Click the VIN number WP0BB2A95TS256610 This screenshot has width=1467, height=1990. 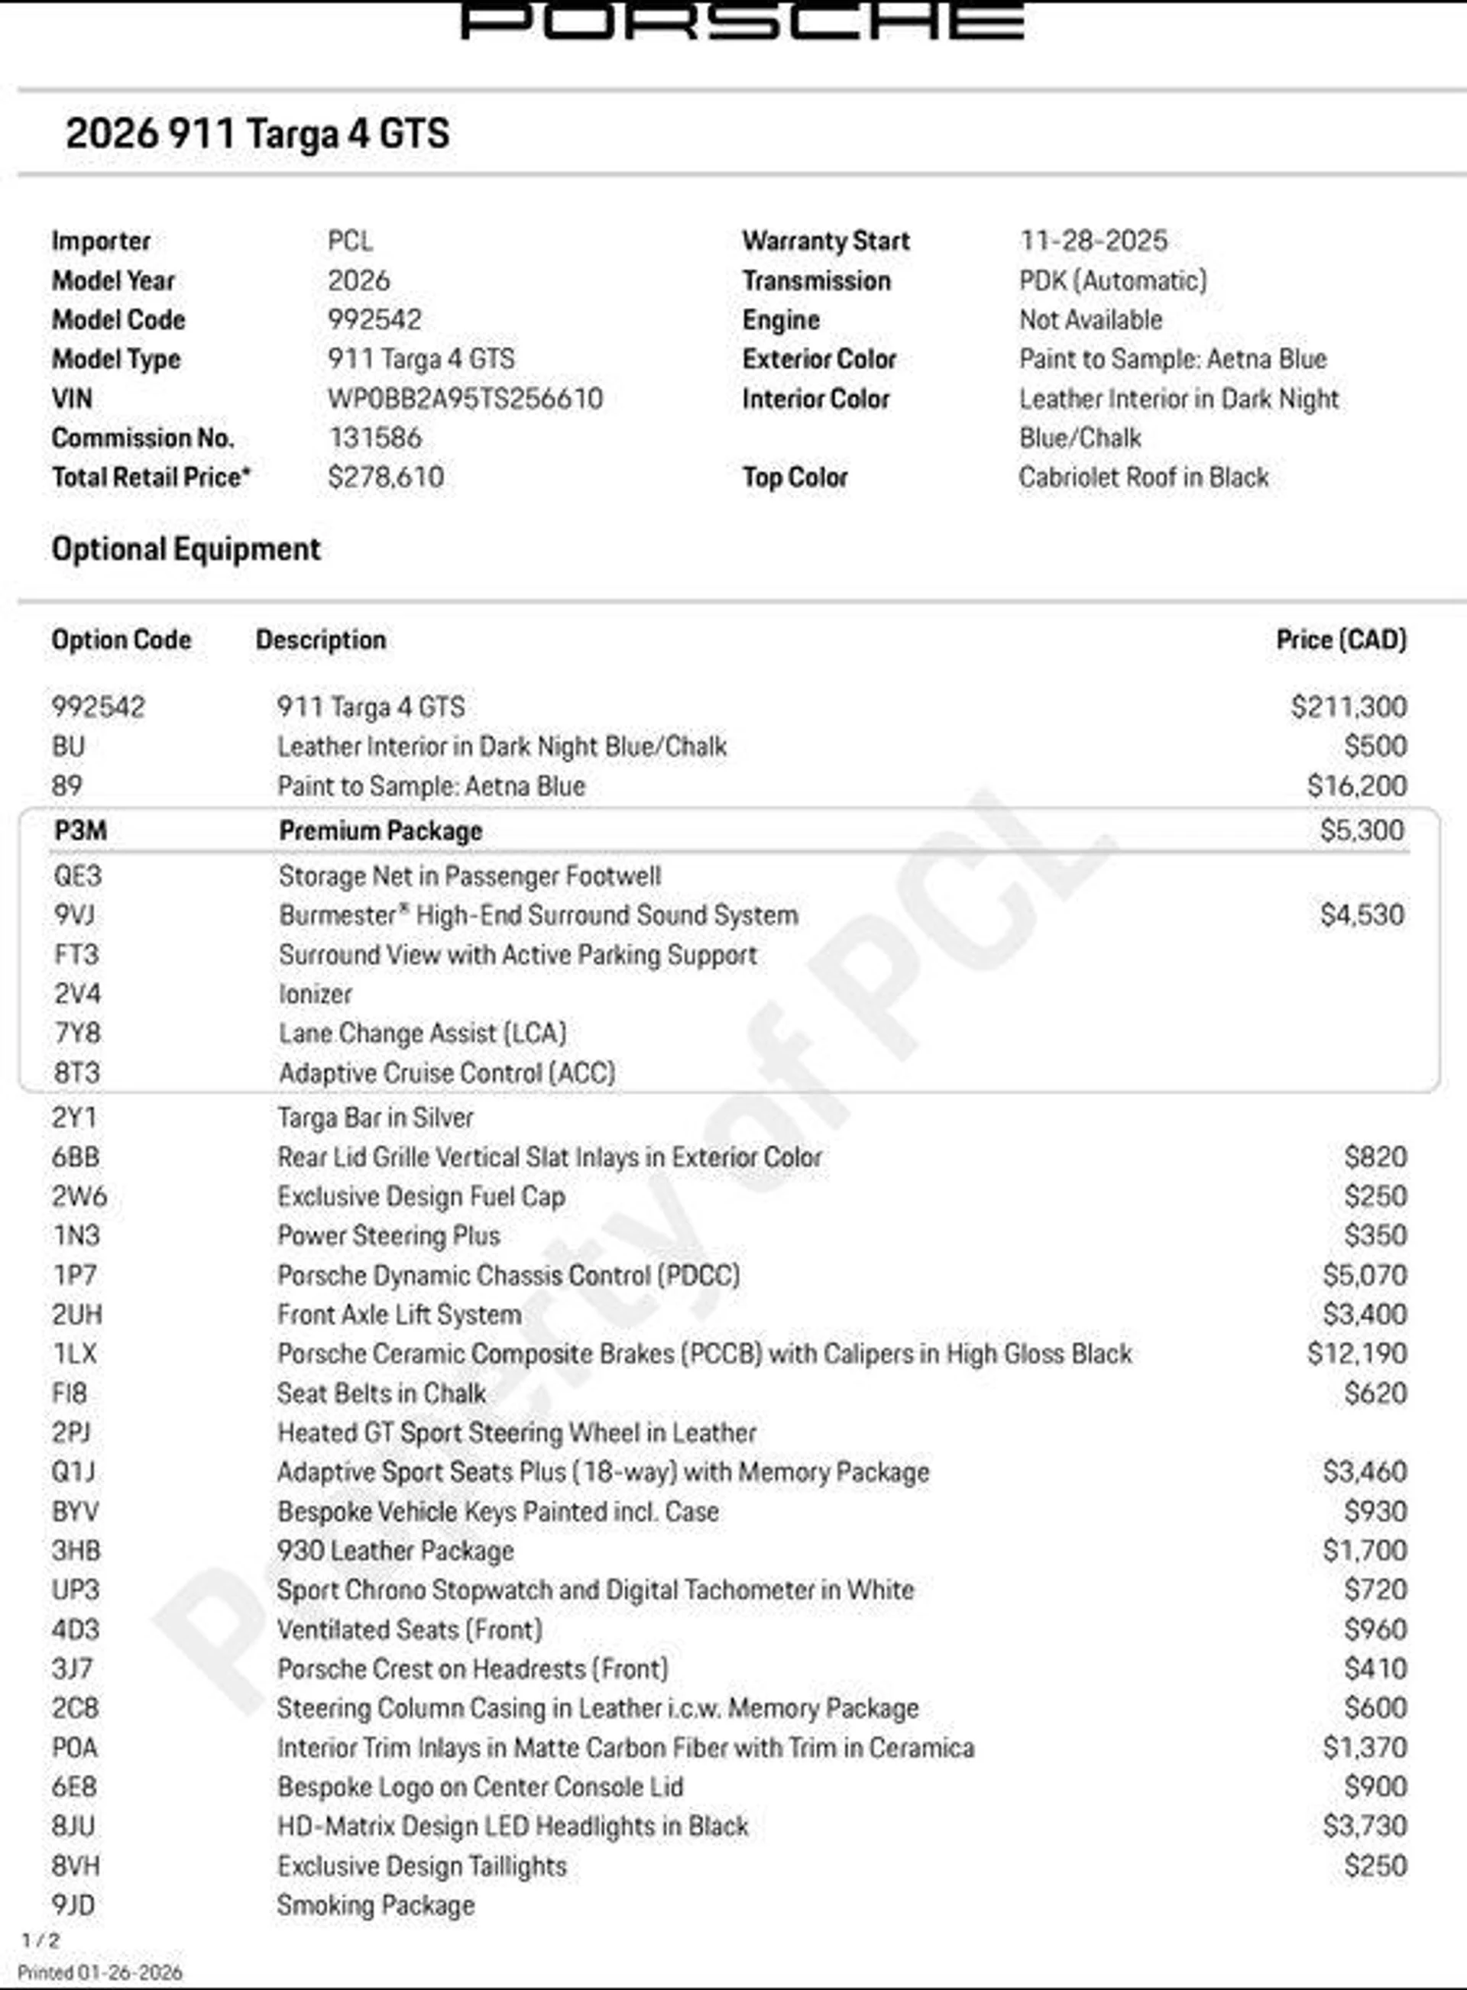click(x=465, y=399)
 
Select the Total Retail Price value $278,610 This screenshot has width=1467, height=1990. click(x=385, y=477)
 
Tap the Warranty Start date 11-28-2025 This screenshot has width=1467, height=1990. click(x=1093, y=241)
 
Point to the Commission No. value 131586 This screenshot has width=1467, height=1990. click(x=374, y=438)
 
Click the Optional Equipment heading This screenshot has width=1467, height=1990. click(x=186, y=549)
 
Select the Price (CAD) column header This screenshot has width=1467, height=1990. click(x=1341, y=640)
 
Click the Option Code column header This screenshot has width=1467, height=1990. click(x=121, y=640)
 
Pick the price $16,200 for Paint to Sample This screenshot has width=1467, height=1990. click(x=1357, y=785)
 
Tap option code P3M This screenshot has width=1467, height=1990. click(x=80, y=831)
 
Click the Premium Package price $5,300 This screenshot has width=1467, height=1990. click(x=1362, y=831)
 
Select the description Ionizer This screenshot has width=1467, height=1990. click(x=316, y=994)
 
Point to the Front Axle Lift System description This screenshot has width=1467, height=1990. click(x=399, y=1315)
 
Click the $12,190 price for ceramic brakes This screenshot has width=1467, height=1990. click(x=1357, y=1354)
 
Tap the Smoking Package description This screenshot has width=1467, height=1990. click(x=376, y=1904)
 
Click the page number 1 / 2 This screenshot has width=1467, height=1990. click(x=40, y=1940)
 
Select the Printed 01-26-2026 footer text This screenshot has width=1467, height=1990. click(x=99, y=1972)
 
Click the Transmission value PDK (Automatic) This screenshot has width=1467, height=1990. click(x=1112, y=280)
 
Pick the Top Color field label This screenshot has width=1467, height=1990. click(x=795, y=477)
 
